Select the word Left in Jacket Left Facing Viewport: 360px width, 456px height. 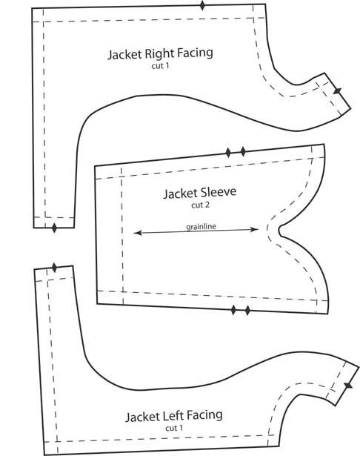(x=170, y=416)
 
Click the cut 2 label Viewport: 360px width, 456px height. (x=200, y=205)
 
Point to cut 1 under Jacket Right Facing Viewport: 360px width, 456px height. (x=160, y=66)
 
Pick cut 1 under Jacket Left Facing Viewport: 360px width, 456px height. (x=174, y=428)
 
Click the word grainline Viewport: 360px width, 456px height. (x=201, y=227)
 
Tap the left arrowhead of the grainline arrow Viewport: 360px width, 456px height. (x=138, y=233)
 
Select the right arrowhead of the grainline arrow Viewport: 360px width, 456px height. (x=254, y=229)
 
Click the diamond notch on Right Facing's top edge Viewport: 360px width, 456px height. (x=202, y=5)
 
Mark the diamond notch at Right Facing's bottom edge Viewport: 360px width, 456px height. (x=54, y=228)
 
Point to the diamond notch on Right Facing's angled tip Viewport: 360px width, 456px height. (x=337, y=91)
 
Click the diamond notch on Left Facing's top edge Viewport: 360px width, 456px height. (x=54, y=268)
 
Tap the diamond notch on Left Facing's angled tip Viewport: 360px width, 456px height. (x=348, y=386)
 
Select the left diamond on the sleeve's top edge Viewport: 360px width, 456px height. (x=228, y=153)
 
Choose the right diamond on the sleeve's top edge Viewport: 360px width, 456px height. (x=243, y=151)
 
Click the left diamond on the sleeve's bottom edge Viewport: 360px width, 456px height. (x=233, y=310)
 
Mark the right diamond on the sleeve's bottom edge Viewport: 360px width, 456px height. (x=247, y=311)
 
